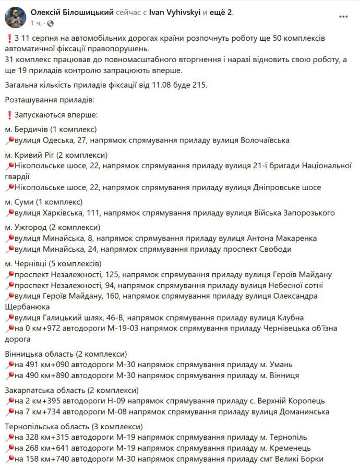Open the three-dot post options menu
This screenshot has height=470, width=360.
pos(343,17)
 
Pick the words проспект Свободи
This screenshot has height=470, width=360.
pos(258,249)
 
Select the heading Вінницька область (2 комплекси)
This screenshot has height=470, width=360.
pos(66,354)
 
